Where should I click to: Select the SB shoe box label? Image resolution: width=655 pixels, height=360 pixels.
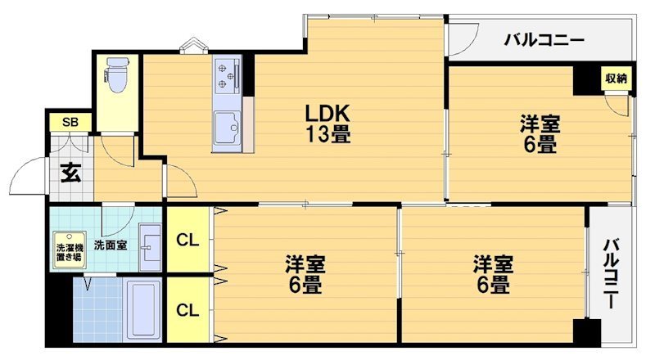(70, 123)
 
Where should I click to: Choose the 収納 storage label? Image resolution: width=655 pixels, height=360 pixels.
(616, 79)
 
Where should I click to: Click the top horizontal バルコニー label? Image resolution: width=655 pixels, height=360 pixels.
(544, 38)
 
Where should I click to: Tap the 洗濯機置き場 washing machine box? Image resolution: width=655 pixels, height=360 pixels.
(68, 251)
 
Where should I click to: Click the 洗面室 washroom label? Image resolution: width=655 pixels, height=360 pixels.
(110, 244)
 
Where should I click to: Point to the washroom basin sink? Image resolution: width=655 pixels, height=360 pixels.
(150, 246)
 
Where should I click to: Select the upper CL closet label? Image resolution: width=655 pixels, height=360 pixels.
(187, 240)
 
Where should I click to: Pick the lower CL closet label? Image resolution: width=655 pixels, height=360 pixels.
(187, 310)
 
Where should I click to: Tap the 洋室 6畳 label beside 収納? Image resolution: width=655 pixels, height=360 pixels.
(540, 134)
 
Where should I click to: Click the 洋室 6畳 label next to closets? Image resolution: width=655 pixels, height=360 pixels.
(305, 275)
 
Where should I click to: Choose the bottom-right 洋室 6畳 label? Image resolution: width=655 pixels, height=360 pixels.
(492, 275)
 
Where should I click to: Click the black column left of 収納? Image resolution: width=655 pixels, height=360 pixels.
(586, 80)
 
